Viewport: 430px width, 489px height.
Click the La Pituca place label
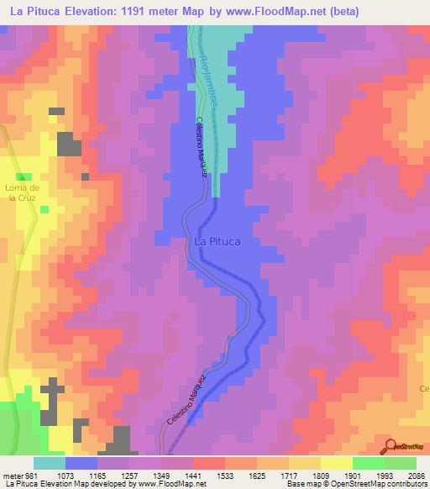pos(217,241)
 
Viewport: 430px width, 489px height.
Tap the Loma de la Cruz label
pos(18,193)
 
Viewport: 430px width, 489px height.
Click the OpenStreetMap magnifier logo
pos(390,445)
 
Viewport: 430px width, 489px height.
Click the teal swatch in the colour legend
pos(50,463)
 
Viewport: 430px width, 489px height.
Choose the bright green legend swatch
pos(369,463)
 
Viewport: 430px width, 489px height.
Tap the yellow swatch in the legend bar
pos(337,463)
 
